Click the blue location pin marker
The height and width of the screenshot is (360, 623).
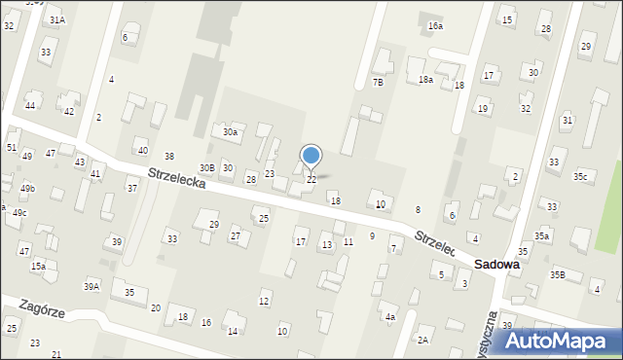[311, 156]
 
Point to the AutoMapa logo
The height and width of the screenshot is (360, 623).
[560, 341]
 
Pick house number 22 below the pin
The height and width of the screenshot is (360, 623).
[311, 180]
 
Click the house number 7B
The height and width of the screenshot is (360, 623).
[378, 83]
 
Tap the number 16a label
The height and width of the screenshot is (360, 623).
[435, 26]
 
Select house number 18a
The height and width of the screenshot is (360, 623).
[425, 80]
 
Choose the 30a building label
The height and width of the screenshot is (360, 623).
[230, 131]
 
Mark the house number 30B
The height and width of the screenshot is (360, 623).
[206, 168]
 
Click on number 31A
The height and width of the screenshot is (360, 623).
[57, 19]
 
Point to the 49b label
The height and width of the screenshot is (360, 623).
[27, 188]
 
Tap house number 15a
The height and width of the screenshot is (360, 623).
[38, 266]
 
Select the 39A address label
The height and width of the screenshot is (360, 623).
[92, 286]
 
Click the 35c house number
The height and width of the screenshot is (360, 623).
[580, 176]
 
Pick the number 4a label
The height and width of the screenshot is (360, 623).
[390, 317]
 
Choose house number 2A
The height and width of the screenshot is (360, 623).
[422, 341]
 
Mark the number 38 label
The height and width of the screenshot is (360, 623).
[169, 157]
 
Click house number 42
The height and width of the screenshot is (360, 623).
[68, 112]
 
